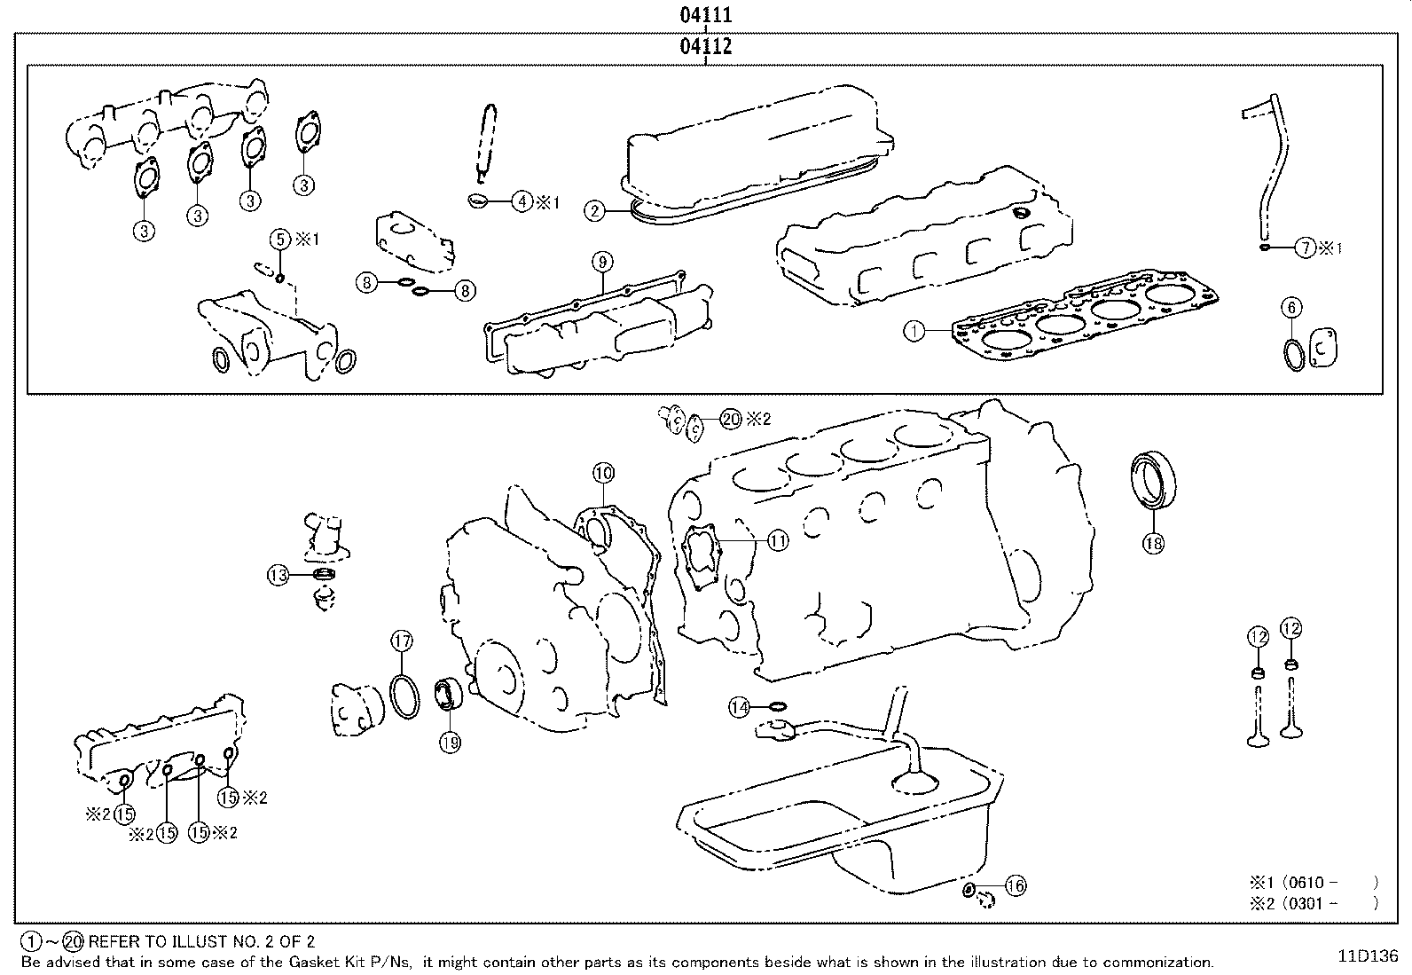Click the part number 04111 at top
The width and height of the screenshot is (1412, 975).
click(706, 15)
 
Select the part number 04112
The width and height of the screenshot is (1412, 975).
click(706, 46)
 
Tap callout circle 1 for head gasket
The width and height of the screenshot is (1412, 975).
click(914, 332)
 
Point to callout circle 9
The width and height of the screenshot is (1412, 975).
click(601, 262)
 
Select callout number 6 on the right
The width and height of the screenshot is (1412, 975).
click(1291, 308)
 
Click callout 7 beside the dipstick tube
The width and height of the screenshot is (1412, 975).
click(1305, 248)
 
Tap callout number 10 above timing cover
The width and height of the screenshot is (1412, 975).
click(603, 473)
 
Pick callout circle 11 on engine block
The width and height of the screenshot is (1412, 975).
click(777, 539)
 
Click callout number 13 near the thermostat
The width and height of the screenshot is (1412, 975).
click(278, 576)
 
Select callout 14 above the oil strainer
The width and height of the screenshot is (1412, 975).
click(740, 707)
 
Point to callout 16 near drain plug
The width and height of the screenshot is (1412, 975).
click(1016, 885)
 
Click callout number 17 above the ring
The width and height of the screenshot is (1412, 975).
click(402, 641)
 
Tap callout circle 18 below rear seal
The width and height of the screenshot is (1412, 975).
click(1153, 543)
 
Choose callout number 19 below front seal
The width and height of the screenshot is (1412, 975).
click(450, 743)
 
